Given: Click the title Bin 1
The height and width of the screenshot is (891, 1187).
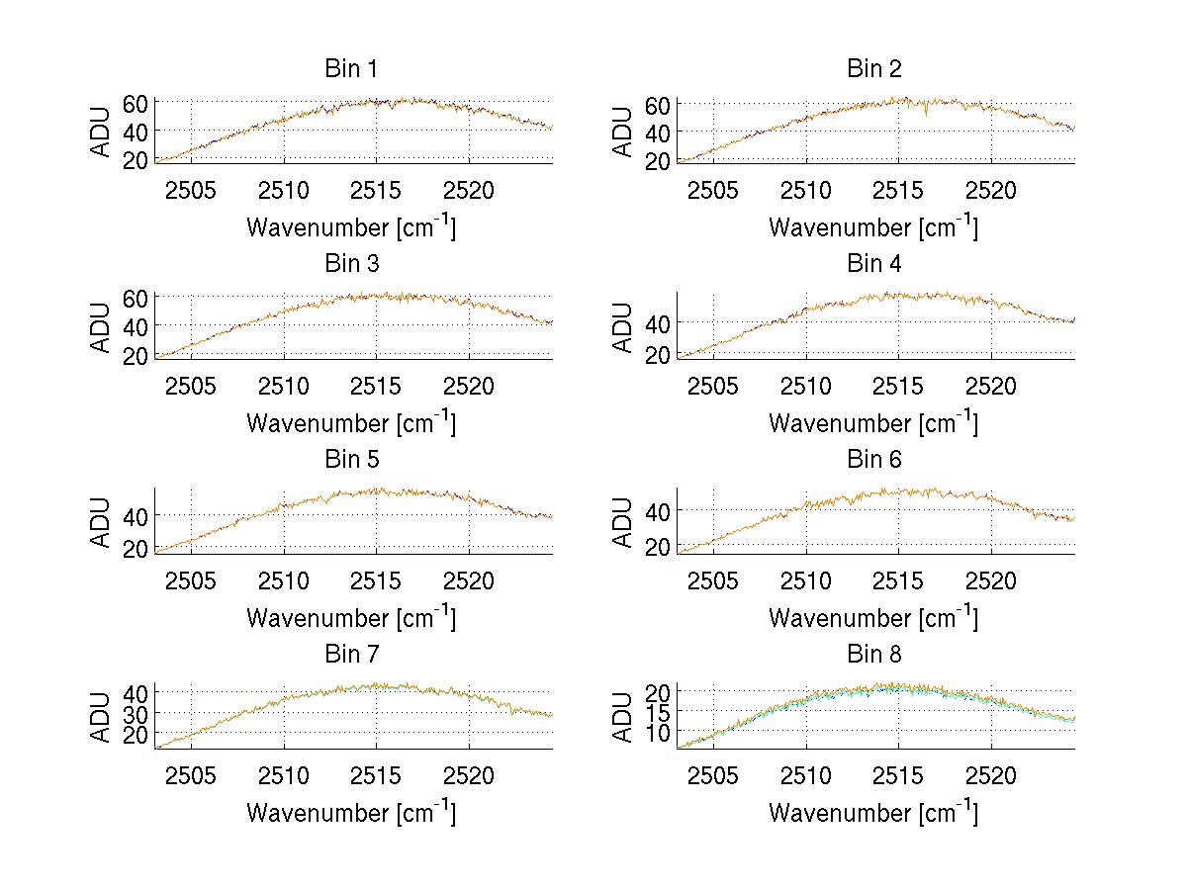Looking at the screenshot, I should coord(351,69).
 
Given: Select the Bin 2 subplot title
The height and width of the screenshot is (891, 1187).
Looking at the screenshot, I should coord(873,69).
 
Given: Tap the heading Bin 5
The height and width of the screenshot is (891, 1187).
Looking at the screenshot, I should coord(351,460).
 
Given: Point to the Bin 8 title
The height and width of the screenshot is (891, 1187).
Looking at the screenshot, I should coord(873,655).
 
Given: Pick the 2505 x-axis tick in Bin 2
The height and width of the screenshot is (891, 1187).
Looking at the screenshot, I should coord(713,191).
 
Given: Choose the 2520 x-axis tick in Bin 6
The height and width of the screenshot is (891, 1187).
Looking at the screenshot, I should coord(990,581).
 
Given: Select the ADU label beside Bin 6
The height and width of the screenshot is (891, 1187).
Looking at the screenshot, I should coord(623,520).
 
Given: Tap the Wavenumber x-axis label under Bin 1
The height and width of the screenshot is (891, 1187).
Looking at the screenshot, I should coord(351,227).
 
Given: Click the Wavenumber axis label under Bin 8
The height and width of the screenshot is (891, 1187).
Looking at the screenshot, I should coord(873,813).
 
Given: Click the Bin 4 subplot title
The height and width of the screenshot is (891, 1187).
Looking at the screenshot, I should coord(873,264).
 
